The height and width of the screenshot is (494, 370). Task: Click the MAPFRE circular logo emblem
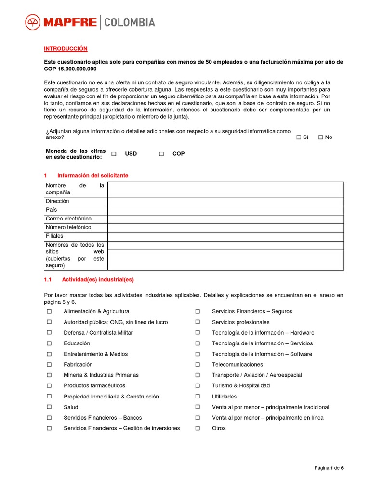[x=33, y=22]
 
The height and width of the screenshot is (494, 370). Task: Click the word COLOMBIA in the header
[x=130, y=22]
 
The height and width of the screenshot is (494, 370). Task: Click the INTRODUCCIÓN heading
[x=66, y=49]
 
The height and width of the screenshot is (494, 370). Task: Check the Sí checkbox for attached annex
[x=299, y=137]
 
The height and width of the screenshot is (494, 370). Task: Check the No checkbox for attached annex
[x=321, y=137]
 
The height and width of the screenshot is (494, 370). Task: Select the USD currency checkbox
[x=114, y=154]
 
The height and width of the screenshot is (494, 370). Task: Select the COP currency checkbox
[x=161, y=154]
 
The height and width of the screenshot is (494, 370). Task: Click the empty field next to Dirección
[x=225, y=201]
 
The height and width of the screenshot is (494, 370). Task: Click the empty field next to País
[x=225, y=210]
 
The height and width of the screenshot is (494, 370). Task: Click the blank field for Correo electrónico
[x=225, y=219]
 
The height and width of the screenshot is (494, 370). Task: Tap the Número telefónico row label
[x=68, y=227]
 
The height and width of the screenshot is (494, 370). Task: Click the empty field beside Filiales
[x=225, y=236]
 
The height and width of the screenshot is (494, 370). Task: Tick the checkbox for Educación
[x=49, y=343]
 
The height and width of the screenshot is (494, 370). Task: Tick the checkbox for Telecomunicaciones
[x=198, y=365]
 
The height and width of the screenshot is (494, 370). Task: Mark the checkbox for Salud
[x=49, y=407]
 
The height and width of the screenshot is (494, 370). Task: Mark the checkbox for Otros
[x=198, y=428]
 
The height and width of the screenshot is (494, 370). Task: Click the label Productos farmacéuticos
[x=94, y=385]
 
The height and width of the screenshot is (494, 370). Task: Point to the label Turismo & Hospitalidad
[x=241, y=385]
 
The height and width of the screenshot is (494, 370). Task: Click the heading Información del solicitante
[x=92, y=175]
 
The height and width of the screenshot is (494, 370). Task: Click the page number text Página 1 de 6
[x=329, y=468]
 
